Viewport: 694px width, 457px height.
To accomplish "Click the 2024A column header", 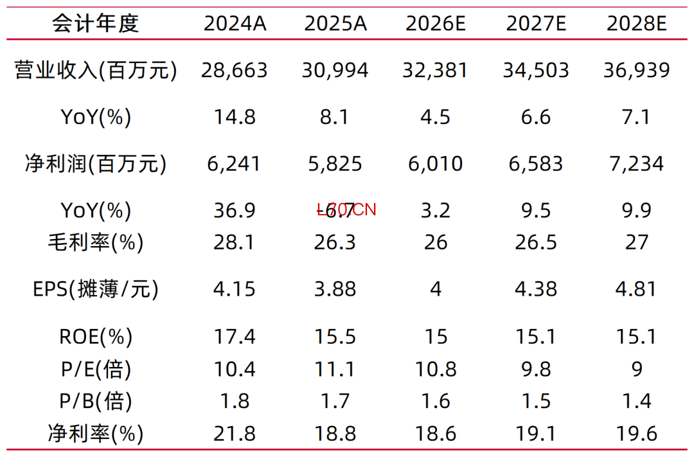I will click(x=235, y=24).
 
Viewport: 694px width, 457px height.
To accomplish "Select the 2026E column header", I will click(x=436, y=24).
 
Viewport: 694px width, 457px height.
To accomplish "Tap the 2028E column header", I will click(x=637, y=24).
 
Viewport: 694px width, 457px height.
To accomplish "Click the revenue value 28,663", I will click(x=235, y=70).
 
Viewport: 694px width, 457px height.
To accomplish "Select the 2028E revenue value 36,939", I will click(x=637, y=70).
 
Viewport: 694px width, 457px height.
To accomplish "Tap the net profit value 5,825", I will click(x=335, y=164).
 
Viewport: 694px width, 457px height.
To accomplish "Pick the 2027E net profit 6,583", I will click(x=537, y=164).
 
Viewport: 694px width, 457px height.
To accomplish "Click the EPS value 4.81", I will click(x=637, y=289).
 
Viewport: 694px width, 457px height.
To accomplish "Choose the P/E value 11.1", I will click(x=335, y=369).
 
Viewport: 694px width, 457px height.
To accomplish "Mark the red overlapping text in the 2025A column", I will click(x=346, y=210).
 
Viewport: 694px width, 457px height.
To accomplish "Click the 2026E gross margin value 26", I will click(x=436, y=242).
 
